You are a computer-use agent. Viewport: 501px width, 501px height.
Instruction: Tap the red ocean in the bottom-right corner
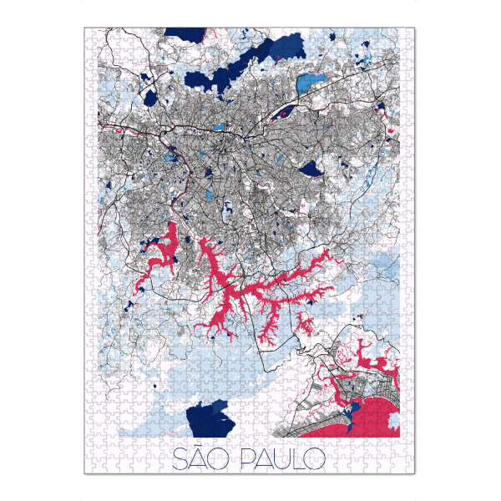[380, 417]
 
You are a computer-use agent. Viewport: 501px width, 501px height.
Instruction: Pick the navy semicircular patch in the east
[311, 170]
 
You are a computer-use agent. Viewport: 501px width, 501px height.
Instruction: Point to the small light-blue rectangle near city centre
[219, 127]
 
